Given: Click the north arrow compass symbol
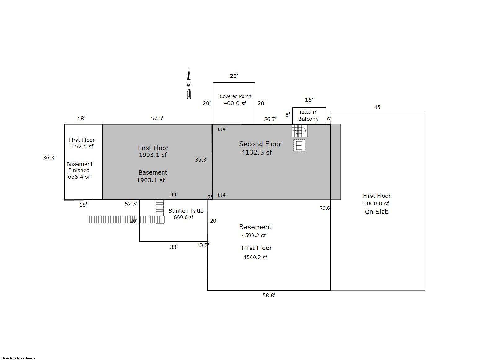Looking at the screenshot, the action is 189,84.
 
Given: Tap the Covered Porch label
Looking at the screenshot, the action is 235,96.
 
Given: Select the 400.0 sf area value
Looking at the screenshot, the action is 235,103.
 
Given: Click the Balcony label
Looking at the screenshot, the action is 308,119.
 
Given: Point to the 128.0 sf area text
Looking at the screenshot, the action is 308,112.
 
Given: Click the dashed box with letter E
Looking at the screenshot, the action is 300,145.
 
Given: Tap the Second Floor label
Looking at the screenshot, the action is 260,144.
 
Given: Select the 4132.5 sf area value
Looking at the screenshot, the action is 256,152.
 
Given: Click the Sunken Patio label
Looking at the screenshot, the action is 186,211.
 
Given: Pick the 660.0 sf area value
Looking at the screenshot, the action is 183,217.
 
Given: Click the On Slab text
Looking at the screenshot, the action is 377,212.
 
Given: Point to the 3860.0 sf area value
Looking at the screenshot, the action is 376,203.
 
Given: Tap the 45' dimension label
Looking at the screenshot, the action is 378,107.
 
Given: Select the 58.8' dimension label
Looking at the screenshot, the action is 269,295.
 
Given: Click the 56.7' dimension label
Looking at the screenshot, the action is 270,119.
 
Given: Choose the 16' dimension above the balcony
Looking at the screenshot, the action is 309,100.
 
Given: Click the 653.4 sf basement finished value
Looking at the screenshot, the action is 79,177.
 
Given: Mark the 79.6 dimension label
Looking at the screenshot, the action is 325,208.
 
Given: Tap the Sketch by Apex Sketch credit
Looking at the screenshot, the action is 18,358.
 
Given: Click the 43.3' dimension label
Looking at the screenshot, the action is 203,245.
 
